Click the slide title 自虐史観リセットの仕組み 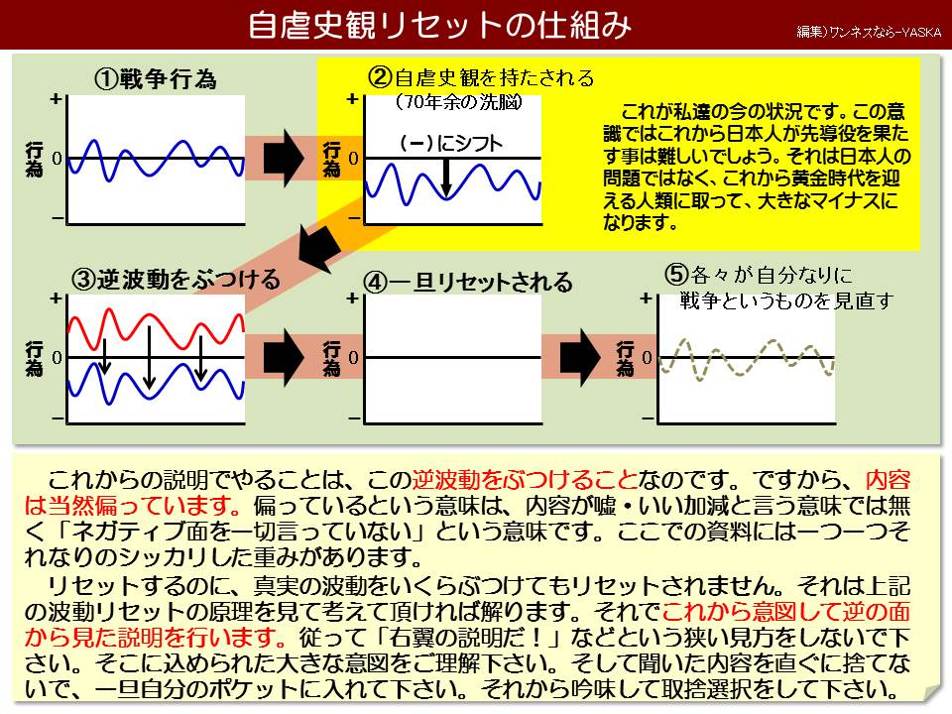[x=439, y=26]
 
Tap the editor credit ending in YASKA [x=869, y=32]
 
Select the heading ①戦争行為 [x=156, y=79]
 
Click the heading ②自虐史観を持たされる [x=481, y=77]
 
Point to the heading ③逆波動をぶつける [x=177, y=280]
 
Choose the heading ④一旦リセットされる [x=467, y=283]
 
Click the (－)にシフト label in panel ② [x=452, y=143]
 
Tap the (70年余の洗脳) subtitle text [x=458, y=102]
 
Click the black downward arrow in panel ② [x=446, y=178]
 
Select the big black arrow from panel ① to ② [x=284, y=158]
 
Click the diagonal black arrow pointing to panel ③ [x=319, y=249]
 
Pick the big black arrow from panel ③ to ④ [x=284, y=358]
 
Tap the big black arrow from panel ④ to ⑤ [x=580, y=358]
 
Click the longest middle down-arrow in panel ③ [x=149, y=357]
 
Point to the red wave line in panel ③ [x=156, y=329]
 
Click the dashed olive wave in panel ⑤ [x=746, y=358]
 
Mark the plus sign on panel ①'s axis [x=56, y=98]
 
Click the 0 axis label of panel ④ [x=353, y=358]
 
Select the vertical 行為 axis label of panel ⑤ [x=626, y=358]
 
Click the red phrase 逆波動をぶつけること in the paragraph [x=525, y=480]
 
